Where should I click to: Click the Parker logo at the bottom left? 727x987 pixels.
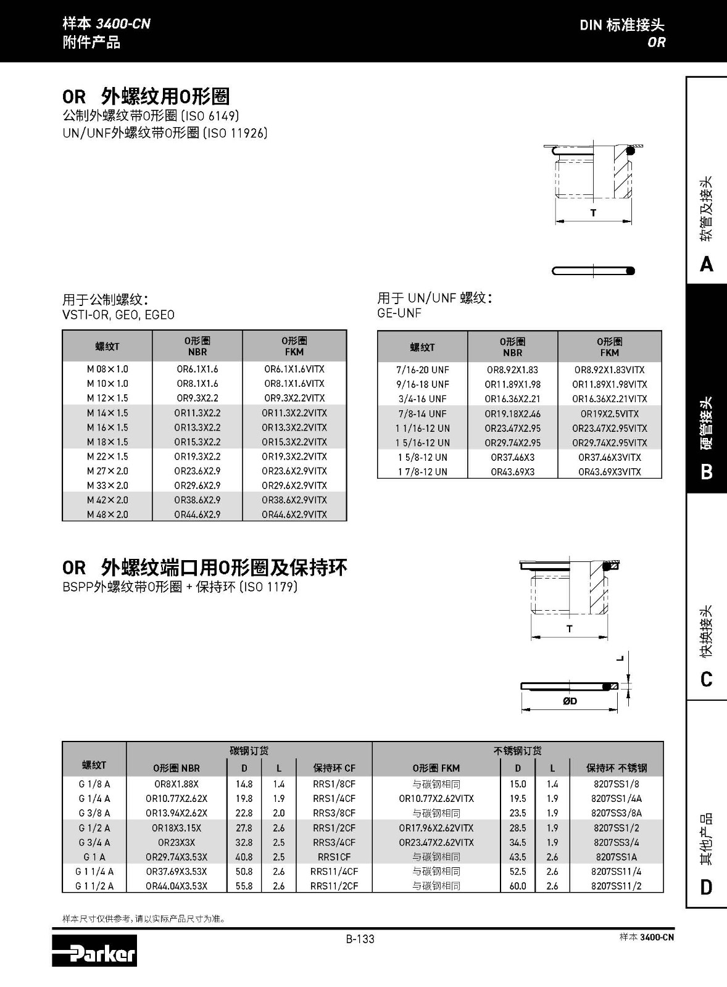pyautogui.click(x=94, y=951)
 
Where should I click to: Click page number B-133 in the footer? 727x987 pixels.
pyautogui.click(x=360, y=939)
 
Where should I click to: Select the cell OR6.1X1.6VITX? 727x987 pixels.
pyautogui.click(x=294, y=369)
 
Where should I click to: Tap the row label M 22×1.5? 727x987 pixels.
pyautogui.click(x=107, y=456)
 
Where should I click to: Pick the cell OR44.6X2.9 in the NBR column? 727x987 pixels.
pyautogui.click(x=197, y=514)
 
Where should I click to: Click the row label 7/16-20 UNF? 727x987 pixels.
pyautogui.click(x=423, y=370)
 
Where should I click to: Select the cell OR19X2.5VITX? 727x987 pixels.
pyautogui.click(x=609, y=413)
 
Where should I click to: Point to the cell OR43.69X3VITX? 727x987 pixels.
pyautogui.click(x=609, y=472)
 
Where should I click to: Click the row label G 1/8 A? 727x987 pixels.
pyautogui.click(x=94, y=784)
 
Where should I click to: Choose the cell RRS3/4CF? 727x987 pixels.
pyautogui.click(x=334, y=842)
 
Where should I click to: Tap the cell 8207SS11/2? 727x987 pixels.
pyautogui.click(x=616, y=886)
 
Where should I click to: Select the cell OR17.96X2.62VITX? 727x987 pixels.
pyautogui.click(x=436, y=828)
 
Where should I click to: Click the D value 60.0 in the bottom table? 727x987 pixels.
pyautogui.click(x=517, y=886)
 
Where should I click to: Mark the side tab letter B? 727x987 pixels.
pyautogui.click(x=707, y=472)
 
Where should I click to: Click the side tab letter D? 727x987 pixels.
pyautogui.click(x=707, y=887)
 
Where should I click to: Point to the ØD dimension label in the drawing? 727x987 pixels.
pyautogui.click(x=570, y=701)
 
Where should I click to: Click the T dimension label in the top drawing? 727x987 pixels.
pyautogui.click(x=593, y=213)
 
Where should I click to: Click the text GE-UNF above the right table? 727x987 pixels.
pyautogui.click(x=399, y=313)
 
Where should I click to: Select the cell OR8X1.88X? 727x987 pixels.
pyautogui.click(x=177, y=784)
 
